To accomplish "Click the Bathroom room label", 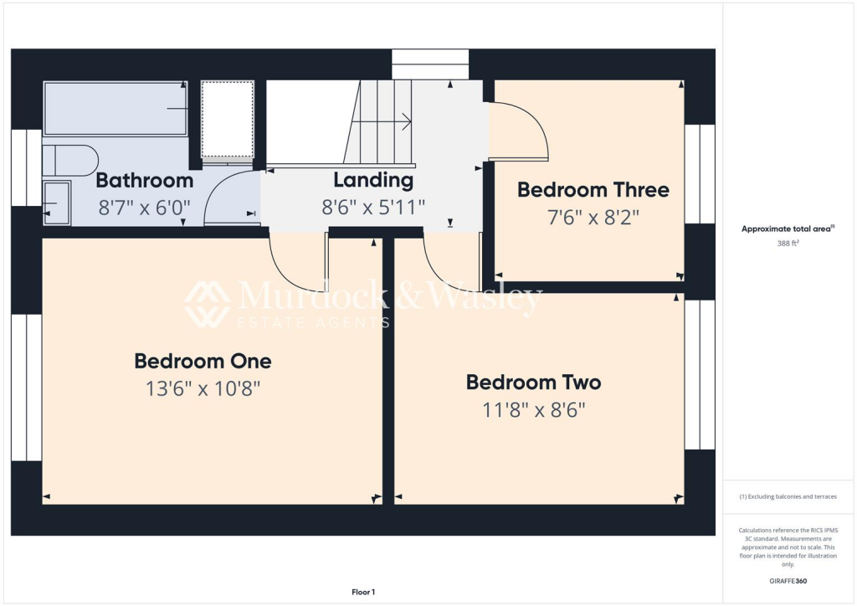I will tap(145, 180).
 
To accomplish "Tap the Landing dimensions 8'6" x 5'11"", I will tap(373, 207).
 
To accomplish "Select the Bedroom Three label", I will tap(593, 190).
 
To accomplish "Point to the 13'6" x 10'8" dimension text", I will tap(203, 388).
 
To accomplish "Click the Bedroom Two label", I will tap(533, 383).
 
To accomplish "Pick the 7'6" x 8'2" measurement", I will tap(593, 218).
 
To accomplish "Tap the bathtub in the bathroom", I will tap(115, 108).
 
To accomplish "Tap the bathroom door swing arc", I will tap(230, 198).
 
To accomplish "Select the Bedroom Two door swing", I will tap(450, 264).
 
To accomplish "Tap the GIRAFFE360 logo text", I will tap(788, 580).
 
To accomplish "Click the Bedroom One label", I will tap(203, 361).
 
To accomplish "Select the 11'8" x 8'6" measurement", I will tap(533, 410).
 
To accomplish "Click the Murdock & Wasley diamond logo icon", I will tap(208, 304).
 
